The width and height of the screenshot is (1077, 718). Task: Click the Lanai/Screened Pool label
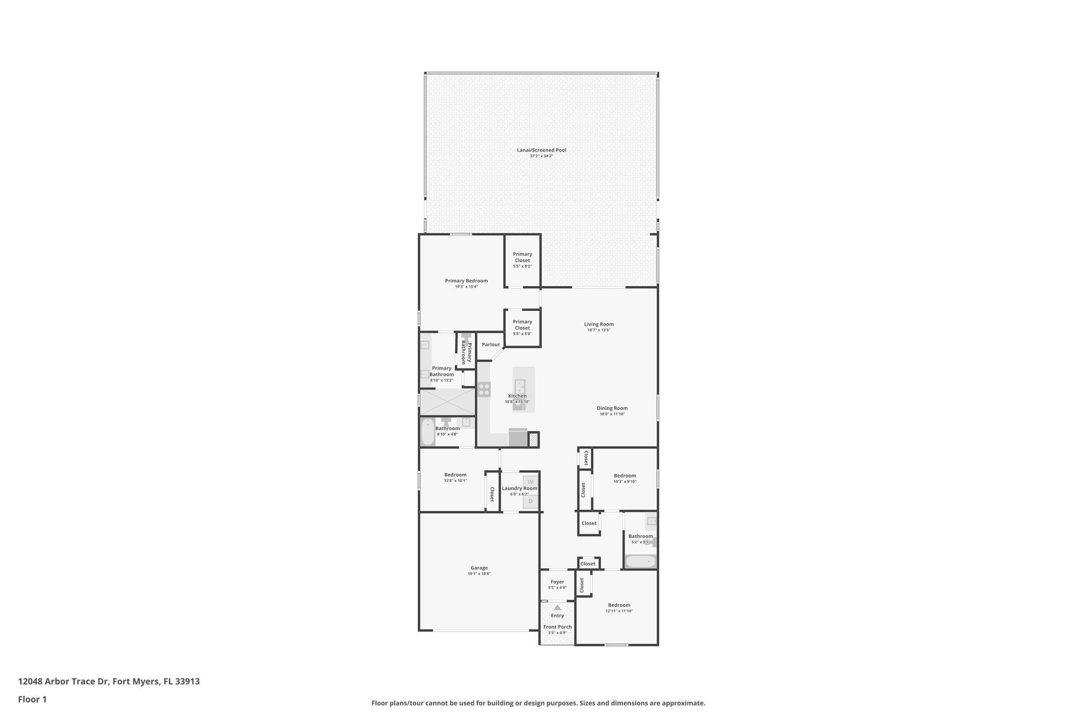(541, 150)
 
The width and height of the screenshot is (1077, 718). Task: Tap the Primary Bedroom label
(466, 281)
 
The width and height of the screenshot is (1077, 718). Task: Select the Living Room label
(598, 325)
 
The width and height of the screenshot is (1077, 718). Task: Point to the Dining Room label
(612, 408)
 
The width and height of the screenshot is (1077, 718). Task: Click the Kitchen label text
(517, 396)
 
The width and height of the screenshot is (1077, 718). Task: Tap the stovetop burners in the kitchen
(484, 390)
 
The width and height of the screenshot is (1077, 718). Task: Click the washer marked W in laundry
(530, 481)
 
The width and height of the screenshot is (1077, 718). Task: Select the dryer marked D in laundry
(530, 501)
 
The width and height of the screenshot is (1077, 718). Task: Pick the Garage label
(479, 568)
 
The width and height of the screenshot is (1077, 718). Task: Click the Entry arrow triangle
(557, 608)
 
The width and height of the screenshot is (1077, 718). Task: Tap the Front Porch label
(557, 627)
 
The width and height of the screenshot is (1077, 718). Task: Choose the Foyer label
(557, 582)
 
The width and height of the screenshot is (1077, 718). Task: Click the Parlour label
(491, 345)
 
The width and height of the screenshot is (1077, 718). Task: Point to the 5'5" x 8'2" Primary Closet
(522, 260)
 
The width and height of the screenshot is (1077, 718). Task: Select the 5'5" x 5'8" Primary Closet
(522, 327)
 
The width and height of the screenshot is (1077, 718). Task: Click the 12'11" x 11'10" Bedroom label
(619, 605)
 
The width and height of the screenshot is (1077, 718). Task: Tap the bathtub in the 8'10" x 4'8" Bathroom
(428, 432)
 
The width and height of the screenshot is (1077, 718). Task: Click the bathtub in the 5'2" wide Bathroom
(641, 562)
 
